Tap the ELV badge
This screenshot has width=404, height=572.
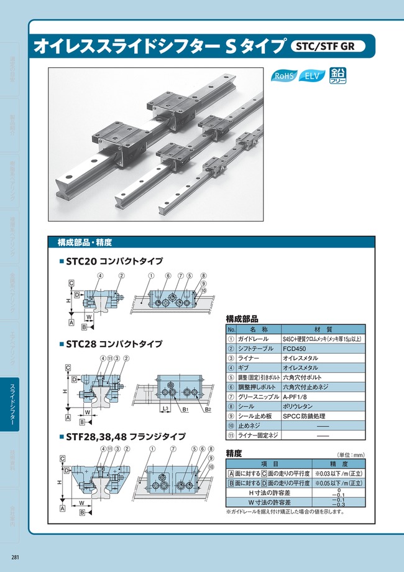313,77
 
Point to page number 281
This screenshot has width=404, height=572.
14,556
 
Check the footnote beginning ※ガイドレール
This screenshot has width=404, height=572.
284,512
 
